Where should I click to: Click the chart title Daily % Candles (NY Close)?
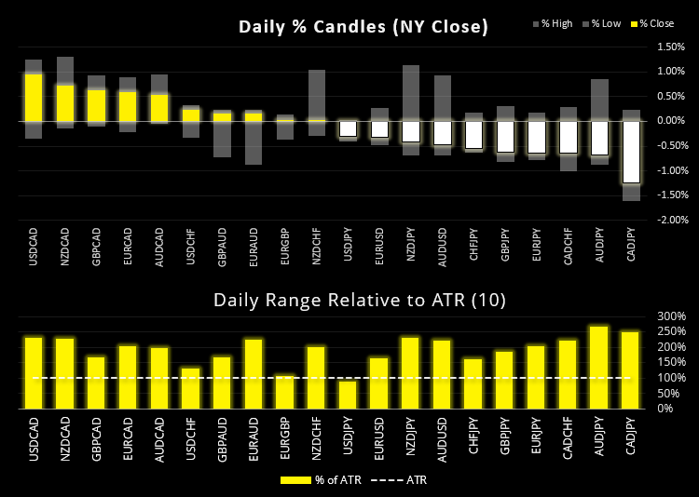[x=363, y=27]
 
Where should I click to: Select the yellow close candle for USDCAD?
[x=34, y=97]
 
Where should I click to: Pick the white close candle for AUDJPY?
[x=599, y=138]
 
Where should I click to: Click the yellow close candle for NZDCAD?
[x=65, y=102]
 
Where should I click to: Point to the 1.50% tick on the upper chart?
[x=671, y=47]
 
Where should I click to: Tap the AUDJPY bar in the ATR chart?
[x=599, y=367]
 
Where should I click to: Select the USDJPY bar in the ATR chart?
[x=348, y=394]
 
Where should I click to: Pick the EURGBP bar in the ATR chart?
[x=285, y=391]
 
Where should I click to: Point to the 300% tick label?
[x=671, y=316]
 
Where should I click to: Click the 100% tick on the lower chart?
[x=671, y=378]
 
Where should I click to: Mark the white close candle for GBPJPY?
[x=505, y=136]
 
